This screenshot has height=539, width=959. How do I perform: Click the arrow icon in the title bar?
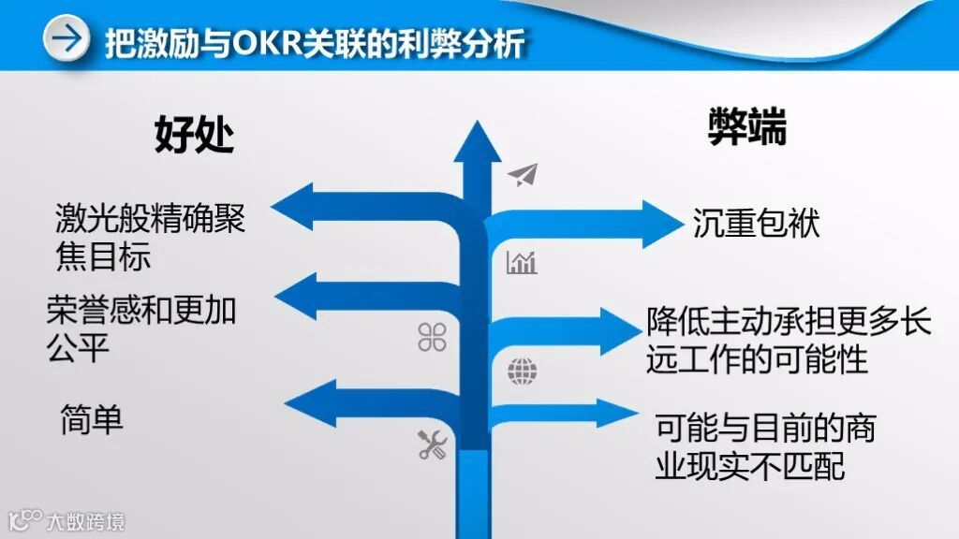pyautogui.click(x=66, y=40)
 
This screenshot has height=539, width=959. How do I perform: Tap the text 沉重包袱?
pyautogui.click(x=756, y=224)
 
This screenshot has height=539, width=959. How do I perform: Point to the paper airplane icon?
pyautogui.click(x=524, y=175)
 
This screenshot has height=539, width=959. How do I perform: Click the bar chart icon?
pyautogui.click(x=522, y=263)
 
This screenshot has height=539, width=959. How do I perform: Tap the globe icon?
pyautogui.click(x=523, y=371)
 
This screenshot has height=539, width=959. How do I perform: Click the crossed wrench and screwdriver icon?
pyautogui.click(x=432, y=444)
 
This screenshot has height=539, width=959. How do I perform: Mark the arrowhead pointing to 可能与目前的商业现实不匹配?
pyautogui.click(x=625, y=412)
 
